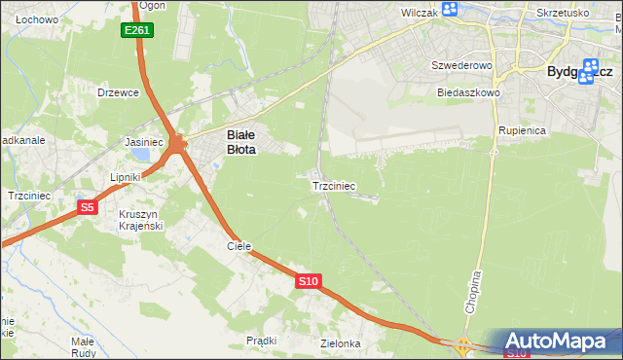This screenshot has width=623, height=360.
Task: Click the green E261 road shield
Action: coord(137,31)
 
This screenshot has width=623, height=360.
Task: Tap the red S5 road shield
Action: coord(88,207)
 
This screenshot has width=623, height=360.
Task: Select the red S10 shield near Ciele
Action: coord(308,281)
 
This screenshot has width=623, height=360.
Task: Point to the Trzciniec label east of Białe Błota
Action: coord(333,185)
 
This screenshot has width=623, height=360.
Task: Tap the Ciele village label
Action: coord(239,246)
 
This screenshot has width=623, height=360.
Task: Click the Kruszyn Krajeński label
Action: coord(140,220)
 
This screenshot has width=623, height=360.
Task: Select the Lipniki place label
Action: coord(126,177)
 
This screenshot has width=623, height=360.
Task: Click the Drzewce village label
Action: coord(119,92)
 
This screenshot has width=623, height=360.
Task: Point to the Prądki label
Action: coord(262,341)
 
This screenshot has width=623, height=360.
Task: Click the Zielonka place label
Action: coord(341,343)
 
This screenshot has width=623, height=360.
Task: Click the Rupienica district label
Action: coord(521,129)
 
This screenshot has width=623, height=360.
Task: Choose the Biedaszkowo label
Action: coord(468,92)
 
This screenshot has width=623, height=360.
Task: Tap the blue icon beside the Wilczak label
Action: coord(449,10)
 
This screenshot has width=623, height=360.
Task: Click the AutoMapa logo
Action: coord(559,341)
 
